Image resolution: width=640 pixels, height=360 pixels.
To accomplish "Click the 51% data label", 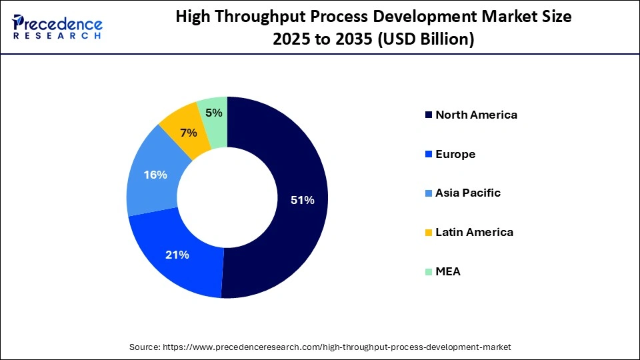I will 302,199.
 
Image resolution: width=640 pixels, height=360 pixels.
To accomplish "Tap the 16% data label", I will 155,175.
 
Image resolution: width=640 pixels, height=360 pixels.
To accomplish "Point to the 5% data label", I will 213,113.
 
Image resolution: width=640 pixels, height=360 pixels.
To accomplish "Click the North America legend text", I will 476,115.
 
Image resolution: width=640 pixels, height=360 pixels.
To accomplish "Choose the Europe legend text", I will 455,154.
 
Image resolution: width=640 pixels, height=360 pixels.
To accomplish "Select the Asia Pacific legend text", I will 468,193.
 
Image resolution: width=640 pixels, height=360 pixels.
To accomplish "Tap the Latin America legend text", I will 474,233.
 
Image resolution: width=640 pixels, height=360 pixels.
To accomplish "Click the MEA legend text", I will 448,272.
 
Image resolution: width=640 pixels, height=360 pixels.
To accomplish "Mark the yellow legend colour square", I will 427,233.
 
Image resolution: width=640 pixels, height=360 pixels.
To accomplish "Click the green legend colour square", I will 427,272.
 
